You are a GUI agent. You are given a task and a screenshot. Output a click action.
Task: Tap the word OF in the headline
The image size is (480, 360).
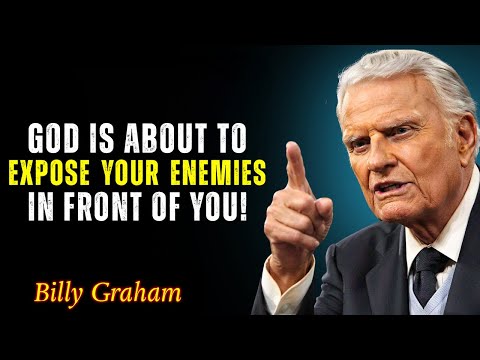pos(190,210)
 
